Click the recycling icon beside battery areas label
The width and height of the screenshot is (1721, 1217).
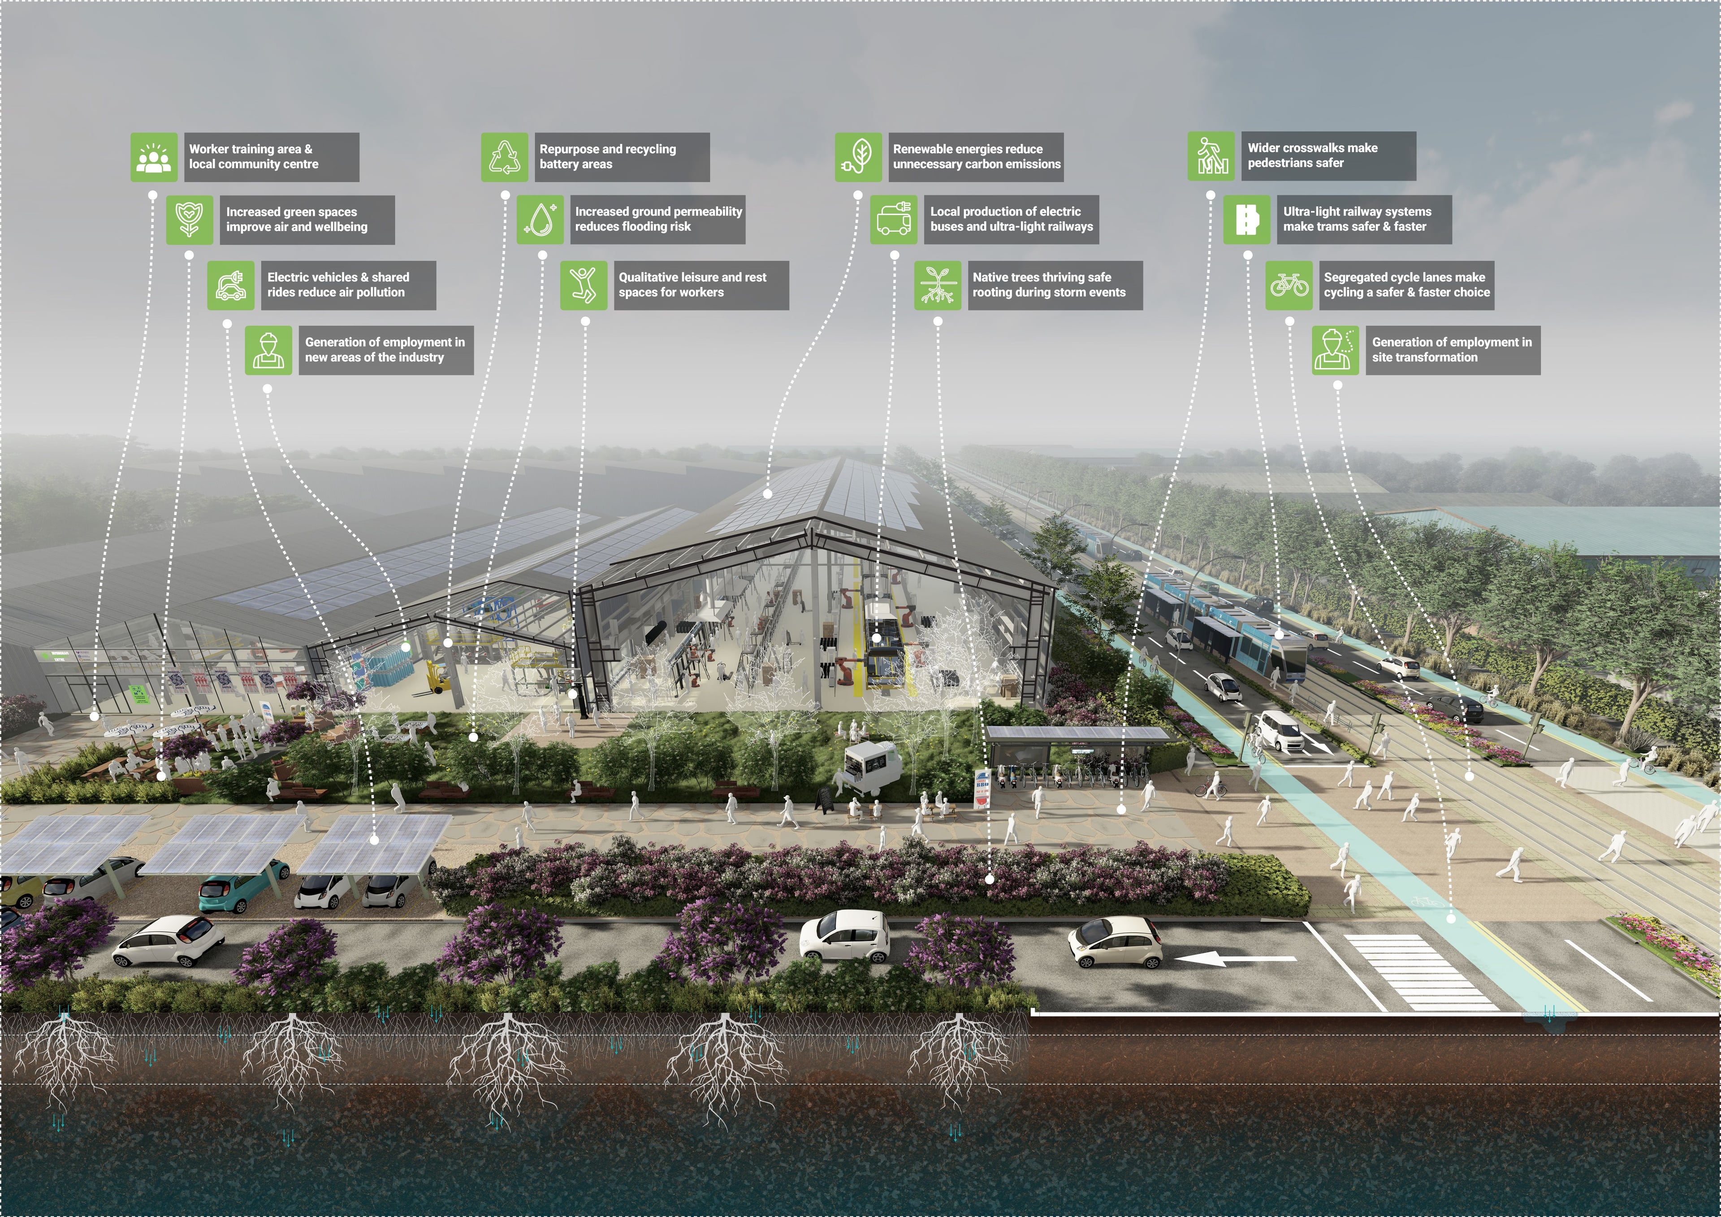click(x=505, y=157)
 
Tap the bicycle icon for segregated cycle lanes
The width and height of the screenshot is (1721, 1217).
click(x=1289, y=285)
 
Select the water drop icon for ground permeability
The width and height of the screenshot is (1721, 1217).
click(x=540, y=220)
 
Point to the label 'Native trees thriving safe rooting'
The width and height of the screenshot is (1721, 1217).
click(x=1054, y=285)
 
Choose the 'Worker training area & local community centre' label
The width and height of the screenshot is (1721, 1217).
click(x=271, y=157)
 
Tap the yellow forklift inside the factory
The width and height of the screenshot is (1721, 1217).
click(x=438, y=678)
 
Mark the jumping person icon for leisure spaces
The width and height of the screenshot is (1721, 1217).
click(x=583, y=285)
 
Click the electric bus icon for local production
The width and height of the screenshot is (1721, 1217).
click(x=894, y=220)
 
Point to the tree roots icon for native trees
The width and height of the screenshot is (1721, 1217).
click(x=937, y=285)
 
